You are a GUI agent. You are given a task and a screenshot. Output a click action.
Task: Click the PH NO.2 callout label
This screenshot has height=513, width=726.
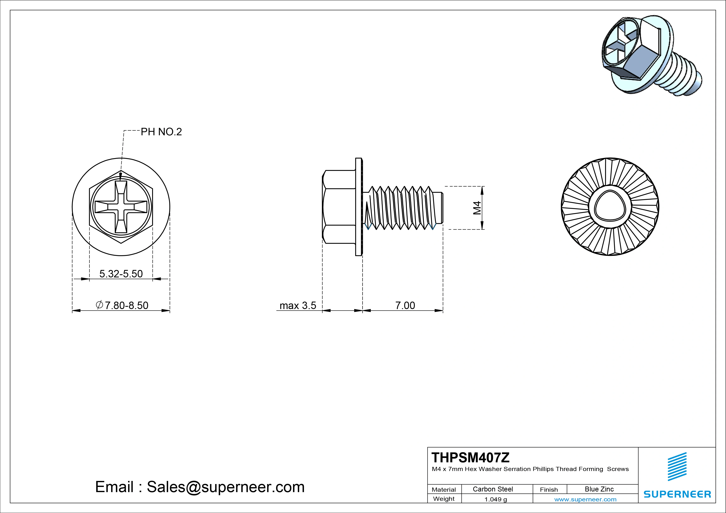[161, 132]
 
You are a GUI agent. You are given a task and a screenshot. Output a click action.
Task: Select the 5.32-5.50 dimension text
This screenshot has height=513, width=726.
[121, 274]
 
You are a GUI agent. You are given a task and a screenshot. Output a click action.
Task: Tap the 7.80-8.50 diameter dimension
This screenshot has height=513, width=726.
[122, 305]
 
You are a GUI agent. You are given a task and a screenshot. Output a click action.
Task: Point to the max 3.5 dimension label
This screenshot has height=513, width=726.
[298, 306]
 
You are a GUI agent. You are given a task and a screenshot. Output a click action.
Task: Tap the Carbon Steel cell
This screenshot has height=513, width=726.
[493, 489]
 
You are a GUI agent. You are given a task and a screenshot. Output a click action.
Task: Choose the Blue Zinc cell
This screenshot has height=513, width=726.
[599, 489]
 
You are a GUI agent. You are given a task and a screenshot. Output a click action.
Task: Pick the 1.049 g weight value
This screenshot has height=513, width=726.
[495, 499]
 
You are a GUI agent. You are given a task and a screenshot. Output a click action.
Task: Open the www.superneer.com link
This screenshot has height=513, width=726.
[585, 499]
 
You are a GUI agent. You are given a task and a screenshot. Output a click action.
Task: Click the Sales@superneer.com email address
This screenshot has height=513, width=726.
[225, 487]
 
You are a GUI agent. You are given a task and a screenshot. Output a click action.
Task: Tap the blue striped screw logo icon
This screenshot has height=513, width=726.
[677, 466]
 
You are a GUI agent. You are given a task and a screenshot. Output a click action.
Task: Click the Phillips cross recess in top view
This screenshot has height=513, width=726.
[121, 207]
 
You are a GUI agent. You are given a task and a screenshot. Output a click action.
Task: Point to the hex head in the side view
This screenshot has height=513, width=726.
[339, 207]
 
